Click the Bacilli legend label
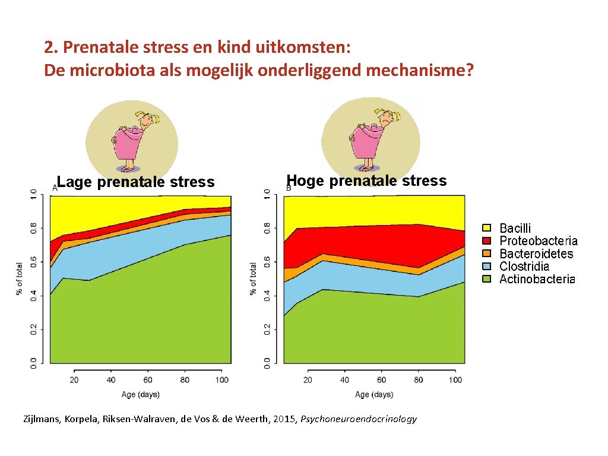pyautogui.click(x=515, y=228)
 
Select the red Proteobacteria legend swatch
pyautogui.click(x=487, y=240)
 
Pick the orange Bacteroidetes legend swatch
pyautogui.click(x=487, y=254)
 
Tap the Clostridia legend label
pyautogui.click(x=524, y=266)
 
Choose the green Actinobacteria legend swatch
pyautogui.click(x=487, y=278)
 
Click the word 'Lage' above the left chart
pyautogui.click(x=75, y=182)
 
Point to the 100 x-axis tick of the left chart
pyautogui.click(x=221, y=380)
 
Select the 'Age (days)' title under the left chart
pyautogui.click(x=141, y=394)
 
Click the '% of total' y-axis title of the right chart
pyautogui.click(x=254, y=278)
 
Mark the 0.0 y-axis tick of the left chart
pyautogui.click(x=34, y=362)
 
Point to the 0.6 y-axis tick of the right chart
pyautogui.click(x=268, y=261)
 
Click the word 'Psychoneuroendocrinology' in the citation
pyautogui.click(x=359, y=419)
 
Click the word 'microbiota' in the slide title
pyautogui.click(x=103, y=71)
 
